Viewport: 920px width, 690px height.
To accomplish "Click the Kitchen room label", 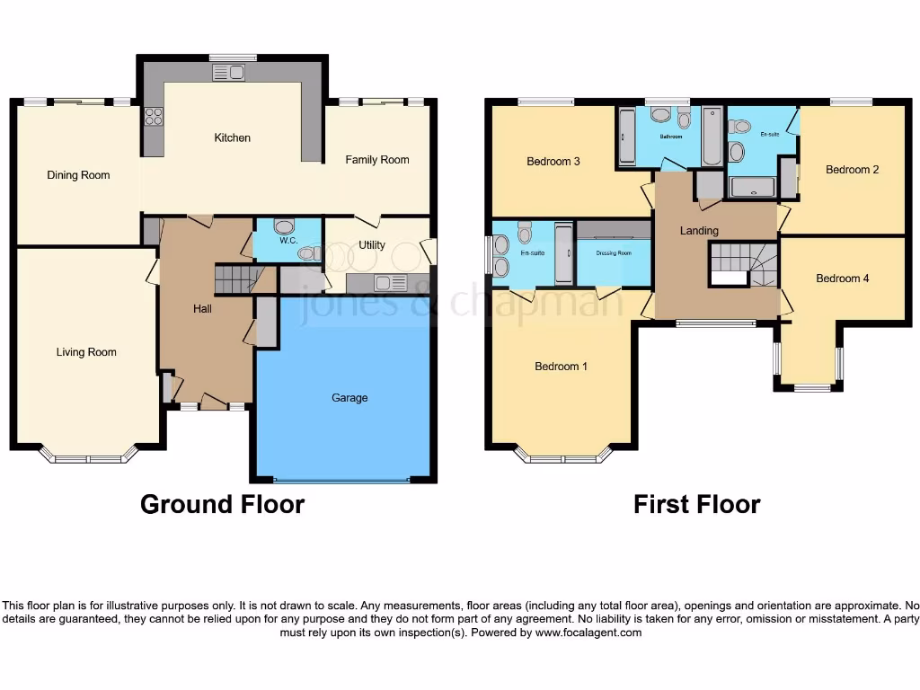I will tap(232, 138).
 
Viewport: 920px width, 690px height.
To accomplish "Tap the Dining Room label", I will tap(78, 175).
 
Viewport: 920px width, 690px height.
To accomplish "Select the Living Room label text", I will tap(86, 352).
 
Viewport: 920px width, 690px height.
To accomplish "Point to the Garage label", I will tap(349, 398).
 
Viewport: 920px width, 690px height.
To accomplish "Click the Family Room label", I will tap(377, 160).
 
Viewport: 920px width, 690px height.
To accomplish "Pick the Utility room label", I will tap(371, 245).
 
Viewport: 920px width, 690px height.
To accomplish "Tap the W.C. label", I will tap(288, 241).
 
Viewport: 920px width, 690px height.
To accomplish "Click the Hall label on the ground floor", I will tap(203, 309).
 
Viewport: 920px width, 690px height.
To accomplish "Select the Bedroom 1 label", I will tap(561, 367).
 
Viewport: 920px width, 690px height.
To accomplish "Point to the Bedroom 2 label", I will tap(852, 170).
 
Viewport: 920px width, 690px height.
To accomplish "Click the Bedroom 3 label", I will tap(553, 162).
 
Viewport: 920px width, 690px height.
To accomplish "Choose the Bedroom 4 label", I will tap(842, 279).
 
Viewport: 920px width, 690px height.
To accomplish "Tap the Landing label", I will tap(699, 231).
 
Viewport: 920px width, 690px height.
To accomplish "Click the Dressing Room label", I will tap(613, 253).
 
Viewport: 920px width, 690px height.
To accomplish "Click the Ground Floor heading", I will tap(222, 504).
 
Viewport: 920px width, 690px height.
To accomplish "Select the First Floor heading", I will tap(696, 504).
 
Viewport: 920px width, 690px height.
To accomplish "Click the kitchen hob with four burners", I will tap(154, 116).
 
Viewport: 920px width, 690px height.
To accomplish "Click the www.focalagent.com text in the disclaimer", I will tap(588, 632).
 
